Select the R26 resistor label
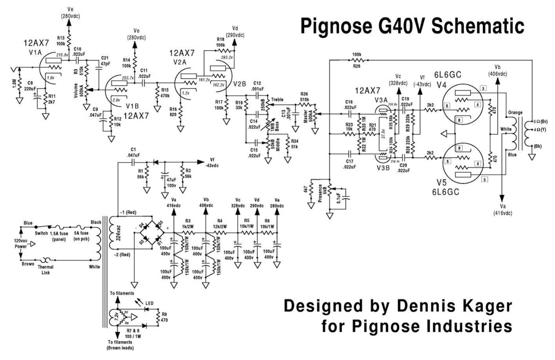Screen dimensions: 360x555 (356, 66)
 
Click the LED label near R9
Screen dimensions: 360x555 (149, 304)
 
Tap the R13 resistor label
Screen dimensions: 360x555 (61, 38)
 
